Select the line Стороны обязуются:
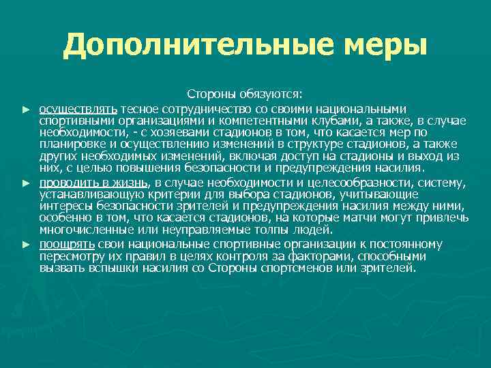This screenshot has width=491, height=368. [245, 95]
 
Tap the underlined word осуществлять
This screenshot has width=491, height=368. [78, 109]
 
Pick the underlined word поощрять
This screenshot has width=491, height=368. [67, 244]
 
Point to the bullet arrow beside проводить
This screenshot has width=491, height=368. [27, 183]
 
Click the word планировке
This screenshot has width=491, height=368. [72, 144]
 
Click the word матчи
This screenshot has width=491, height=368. [368, 218]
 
